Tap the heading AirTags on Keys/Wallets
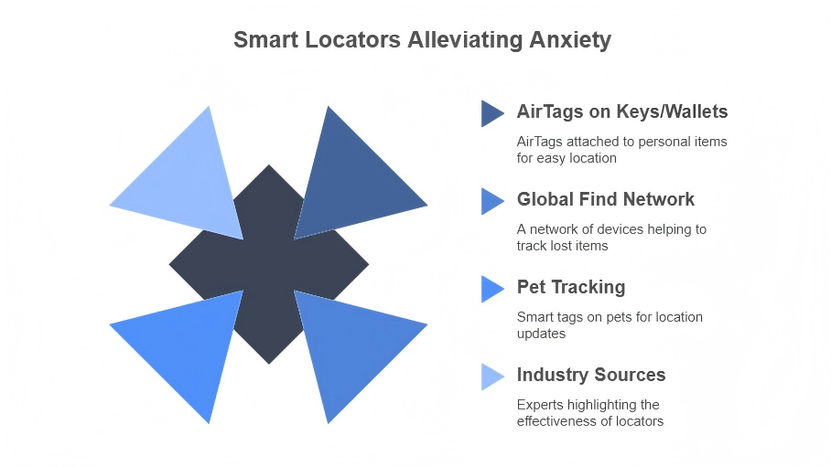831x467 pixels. tap(622, 111)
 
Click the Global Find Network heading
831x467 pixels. tap(605, 199)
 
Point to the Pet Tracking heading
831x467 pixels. tap(571, 287)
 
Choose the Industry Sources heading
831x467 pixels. tap(591, 375)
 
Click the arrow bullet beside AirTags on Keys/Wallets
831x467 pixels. tap(492, 113)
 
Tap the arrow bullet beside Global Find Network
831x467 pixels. tap(492, 201)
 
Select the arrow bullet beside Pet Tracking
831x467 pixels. tap(492, 289)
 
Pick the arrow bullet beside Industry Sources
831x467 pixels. tap(492, 377)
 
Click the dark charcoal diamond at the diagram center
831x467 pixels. tap(269, 265)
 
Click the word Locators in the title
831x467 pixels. tap(352, 39)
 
